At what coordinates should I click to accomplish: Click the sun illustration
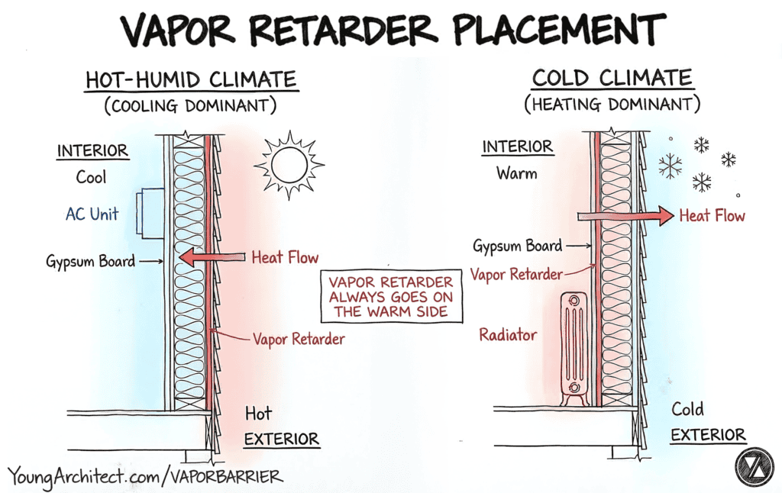coord(289,166)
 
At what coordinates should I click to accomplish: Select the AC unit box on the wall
coord(150,214)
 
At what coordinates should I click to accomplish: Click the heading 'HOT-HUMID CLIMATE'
coord(190,79)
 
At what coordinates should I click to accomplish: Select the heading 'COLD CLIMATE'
coord(612,78)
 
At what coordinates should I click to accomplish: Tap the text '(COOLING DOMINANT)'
coord(190,106)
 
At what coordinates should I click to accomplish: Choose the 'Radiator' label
coord(508,334)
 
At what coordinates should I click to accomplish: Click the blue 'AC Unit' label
coord(92,214)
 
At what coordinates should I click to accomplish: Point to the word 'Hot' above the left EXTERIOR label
coord(258,414)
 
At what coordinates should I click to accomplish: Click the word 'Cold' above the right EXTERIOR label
coord(687,409)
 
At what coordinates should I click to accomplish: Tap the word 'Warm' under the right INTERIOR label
coord(517,173)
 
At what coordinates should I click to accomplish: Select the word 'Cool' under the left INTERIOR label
coord(91,177)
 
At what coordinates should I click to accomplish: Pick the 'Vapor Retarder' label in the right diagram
coord(516,274)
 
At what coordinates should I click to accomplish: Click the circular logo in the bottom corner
coord(754,466)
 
